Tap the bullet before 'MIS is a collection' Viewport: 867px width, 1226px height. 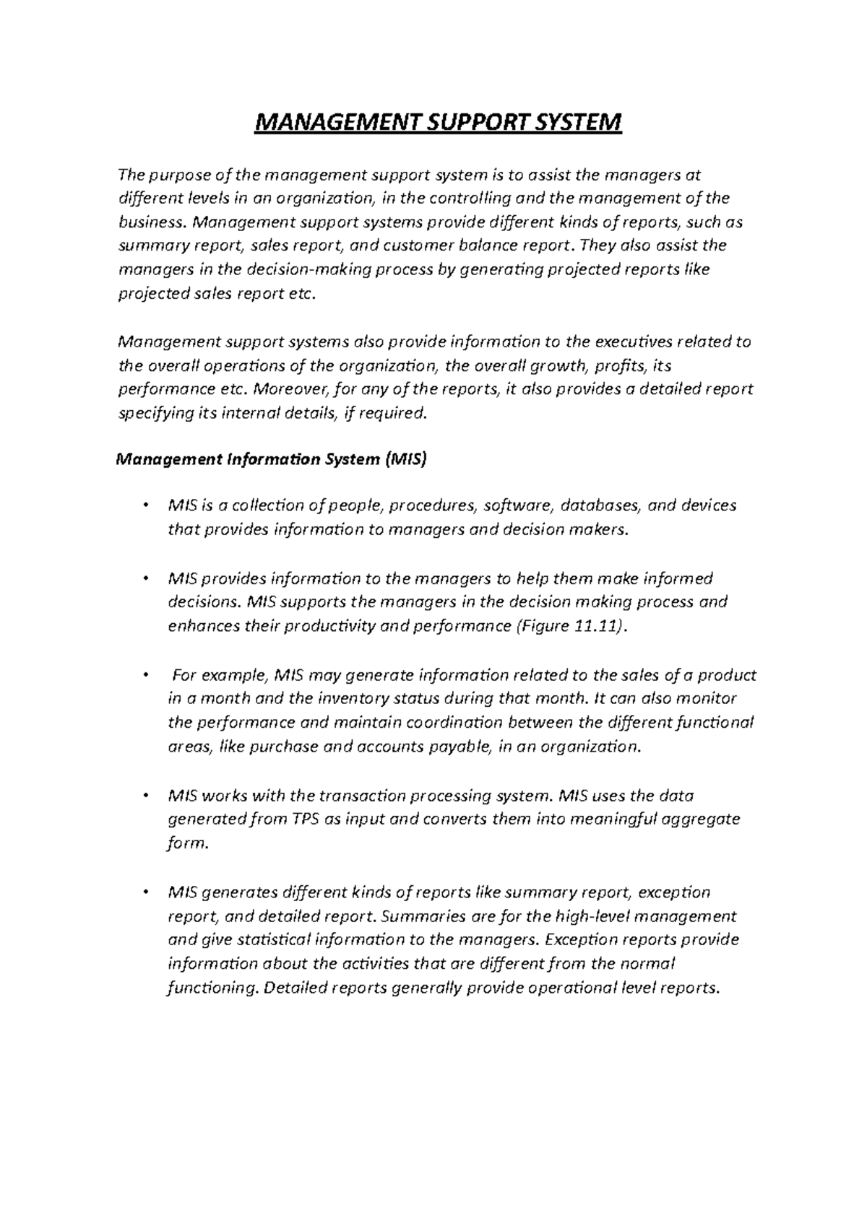click(x=146, y=505)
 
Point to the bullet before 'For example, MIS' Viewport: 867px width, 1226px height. click(x=146, y=676)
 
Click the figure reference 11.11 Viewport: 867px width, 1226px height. click(x=597, y=626)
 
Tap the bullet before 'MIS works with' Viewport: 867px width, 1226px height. click(x=146, y=796)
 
